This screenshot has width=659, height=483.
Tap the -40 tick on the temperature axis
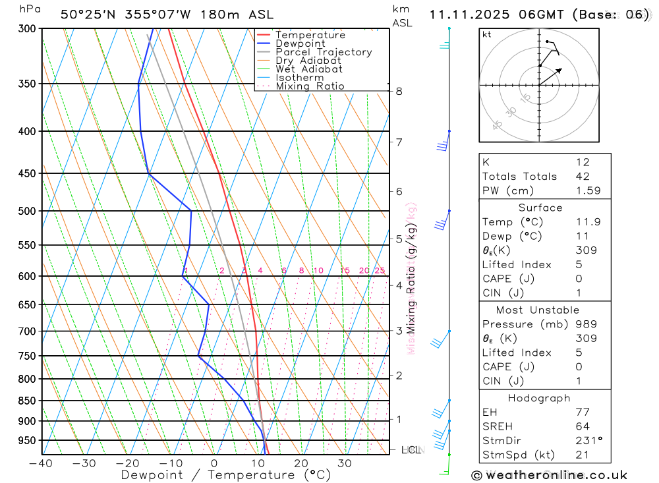coord(41,463)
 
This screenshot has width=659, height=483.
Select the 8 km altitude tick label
coord(399,91)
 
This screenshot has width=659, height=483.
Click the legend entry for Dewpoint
coord(300,43)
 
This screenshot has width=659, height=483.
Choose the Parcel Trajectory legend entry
coord(323,52)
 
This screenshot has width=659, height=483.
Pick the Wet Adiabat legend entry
coord(308,69)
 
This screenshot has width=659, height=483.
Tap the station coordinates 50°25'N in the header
coord(84,14)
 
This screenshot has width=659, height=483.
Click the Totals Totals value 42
coord(583,177)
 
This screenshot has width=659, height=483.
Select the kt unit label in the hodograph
coord(486,34)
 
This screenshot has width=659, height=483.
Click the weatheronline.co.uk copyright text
coord(549,475)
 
